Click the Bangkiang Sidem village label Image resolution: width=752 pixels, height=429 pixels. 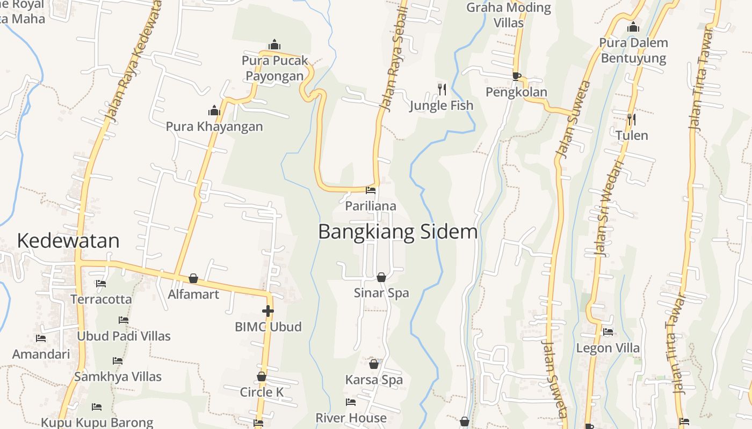[x=397, y=232]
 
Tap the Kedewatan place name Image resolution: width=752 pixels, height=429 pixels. [x=68, y=241]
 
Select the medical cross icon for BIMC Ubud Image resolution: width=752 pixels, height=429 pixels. [x=267, y=311]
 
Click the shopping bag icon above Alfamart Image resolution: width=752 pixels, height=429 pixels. [x=193, y=278]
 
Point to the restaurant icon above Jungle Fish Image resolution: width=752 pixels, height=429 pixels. [x=442, y=89]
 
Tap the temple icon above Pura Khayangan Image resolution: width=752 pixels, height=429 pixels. [x=214, y=111]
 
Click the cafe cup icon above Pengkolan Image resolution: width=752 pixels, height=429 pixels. [x=516, y=76]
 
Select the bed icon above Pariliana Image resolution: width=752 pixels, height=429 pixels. [x=371, y=190]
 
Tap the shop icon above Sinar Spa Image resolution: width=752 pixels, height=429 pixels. [x=381, y=277]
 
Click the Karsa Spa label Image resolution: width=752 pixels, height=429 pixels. [x=374, y=380]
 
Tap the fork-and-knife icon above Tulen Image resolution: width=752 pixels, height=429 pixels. [x=632, y=119]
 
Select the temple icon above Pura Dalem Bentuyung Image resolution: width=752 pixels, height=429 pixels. [x=633, y=27]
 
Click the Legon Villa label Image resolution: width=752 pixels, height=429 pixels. [x=608, y=348]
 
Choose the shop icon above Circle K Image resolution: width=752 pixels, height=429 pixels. [x=262, y=376]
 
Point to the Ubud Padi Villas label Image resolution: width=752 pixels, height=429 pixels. [x=124, y=336]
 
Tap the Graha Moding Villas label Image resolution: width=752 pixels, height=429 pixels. [x=509, y=15]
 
